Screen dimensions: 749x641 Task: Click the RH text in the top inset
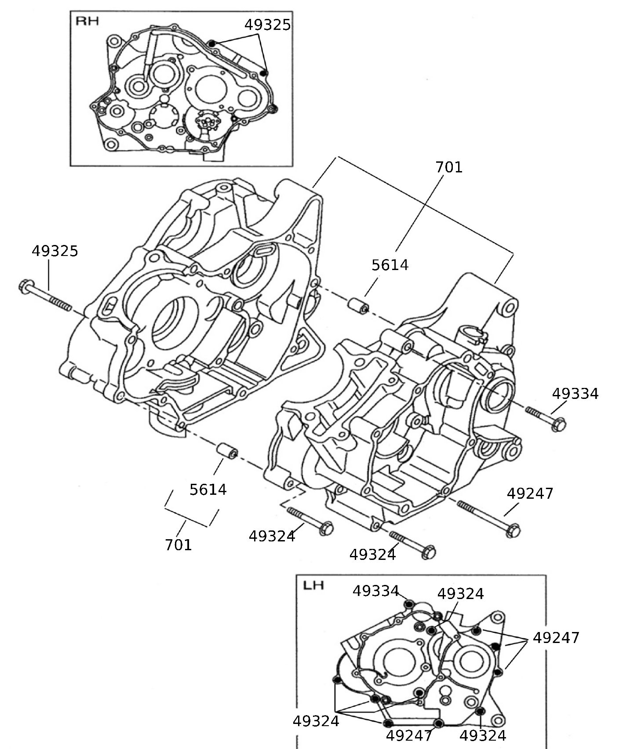87,21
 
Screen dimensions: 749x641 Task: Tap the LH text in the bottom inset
313,585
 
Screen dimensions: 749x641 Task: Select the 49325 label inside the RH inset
267,25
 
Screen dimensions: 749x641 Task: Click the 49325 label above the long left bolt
55,251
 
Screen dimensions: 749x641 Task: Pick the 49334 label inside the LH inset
375,591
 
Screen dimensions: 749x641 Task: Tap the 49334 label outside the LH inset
575,393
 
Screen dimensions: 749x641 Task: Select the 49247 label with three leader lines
556,637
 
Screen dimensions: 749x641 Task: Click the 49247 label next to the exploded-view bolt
530,493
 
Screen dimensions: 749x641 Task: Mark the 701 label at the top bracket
449,167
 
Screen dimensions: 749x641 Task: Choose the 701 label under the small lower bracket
178,545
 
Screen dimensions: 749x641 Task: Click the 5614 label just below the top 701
390,265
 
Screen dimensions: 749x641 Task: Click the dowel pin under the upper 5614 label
358,305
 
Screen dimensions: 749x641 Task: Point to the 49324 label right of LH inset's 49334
460,594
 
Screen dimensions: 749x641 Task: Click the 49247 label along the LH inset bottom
409,735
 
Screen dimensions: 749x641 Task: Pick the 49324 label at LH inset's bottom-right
483,735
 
